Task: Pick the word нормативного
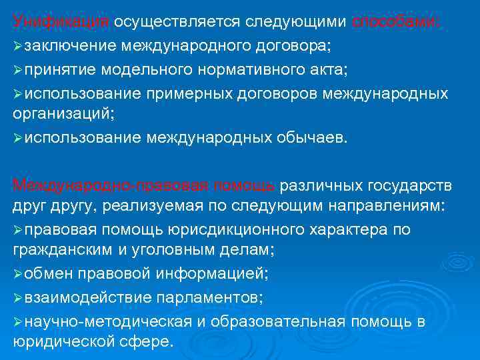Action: (260, 69)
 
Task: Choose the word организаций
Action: (62, 114)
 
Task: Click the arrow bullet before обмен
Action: (17, 275)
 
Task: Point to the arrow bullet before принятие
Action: (17, 70)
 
